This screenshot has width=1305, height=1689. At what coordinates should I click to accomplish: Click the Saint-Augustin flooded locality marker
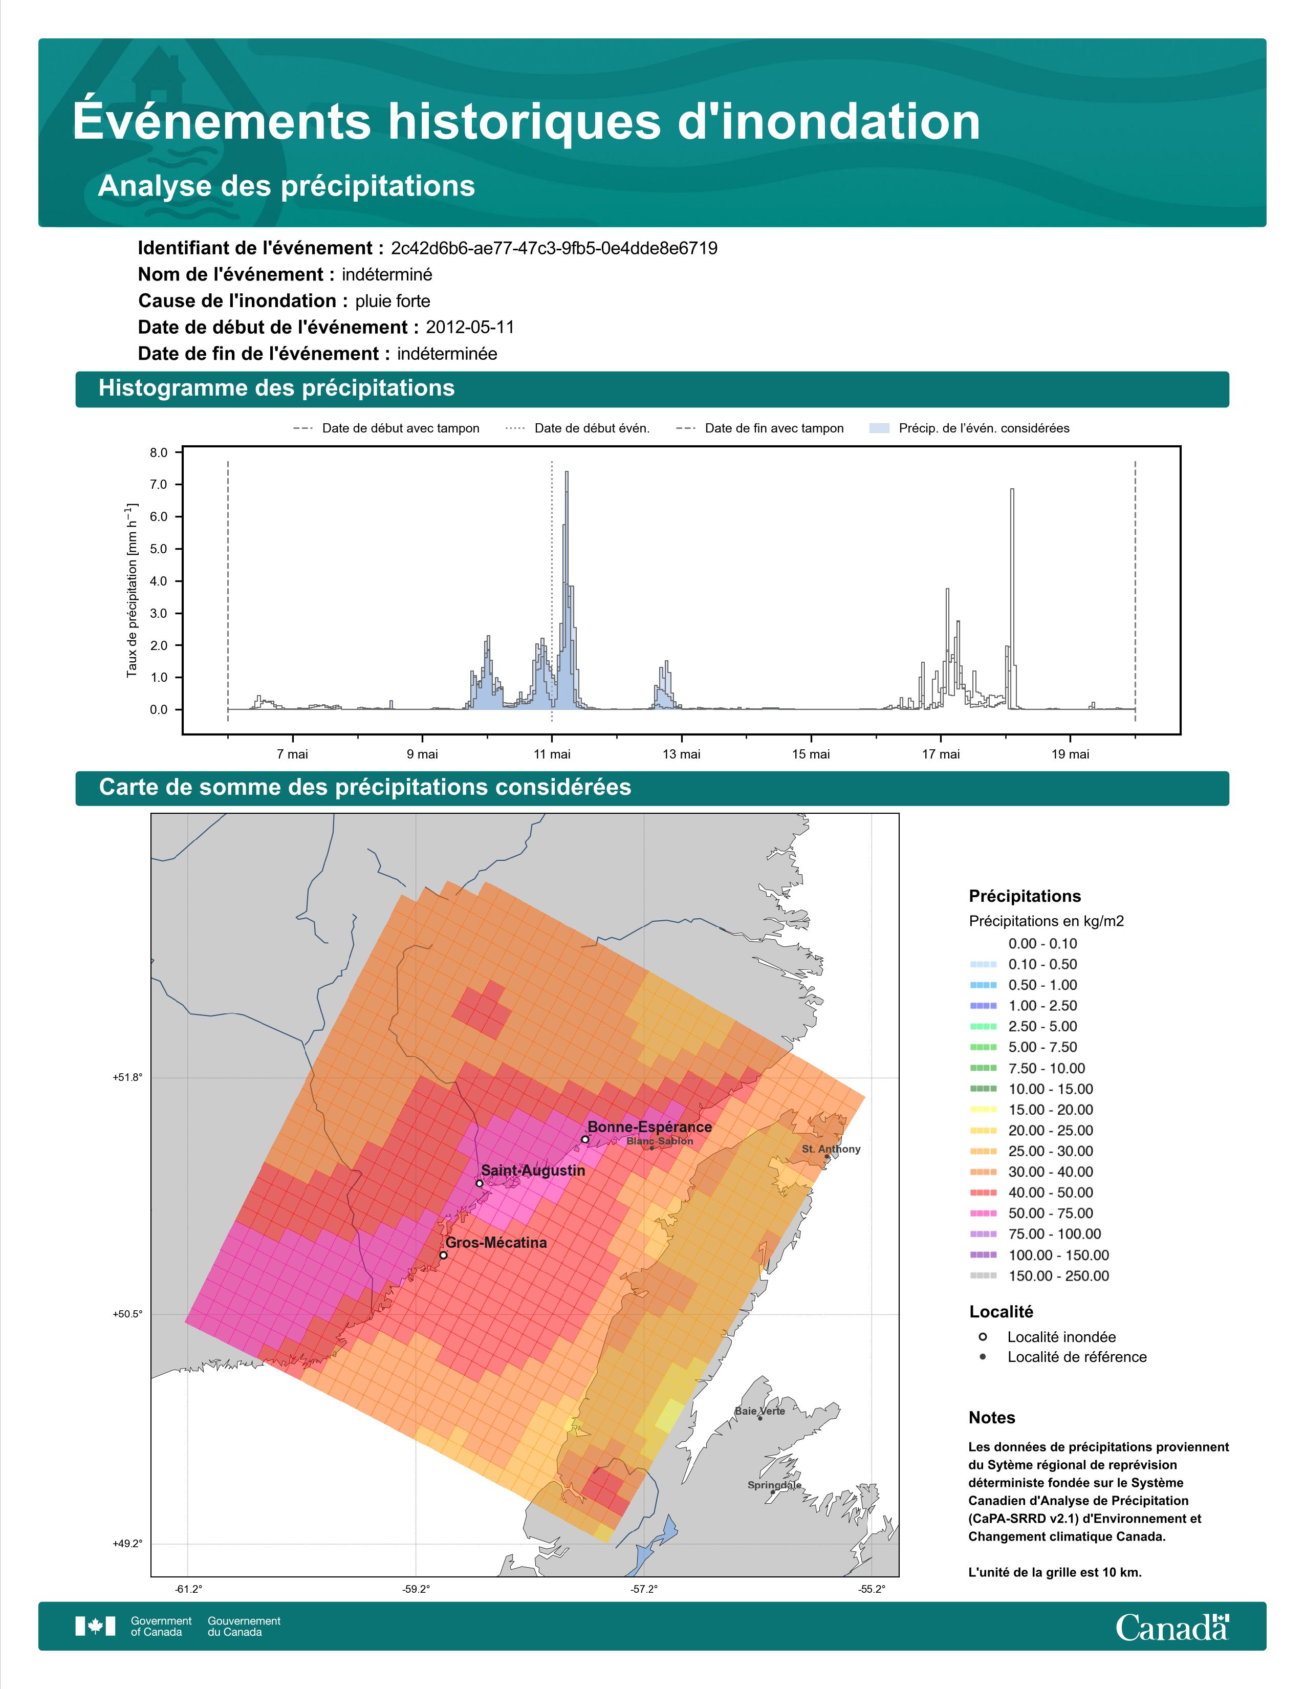coord(480,1183)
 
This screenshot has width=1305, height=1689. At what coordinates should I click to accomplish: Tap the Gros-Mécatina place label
coord(496,1243)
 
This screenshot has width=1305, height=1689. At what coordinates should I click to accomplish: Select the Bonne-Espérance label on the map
coord(649,1128)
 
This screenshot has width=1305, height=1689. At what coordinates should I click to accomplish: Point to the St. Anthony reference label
coord(831,1149)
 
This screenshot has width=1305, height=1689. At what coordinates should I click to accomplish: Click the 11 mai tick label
coord(552,754)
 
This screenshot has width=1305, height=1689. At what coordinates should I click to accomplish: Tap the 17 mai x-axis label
coord(941,754)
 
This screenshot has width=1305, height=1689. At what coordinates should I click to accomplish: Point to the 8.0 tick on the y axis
coord(159,453)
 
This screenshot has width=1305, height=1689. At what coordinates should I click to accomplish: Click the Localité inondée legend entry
coord(1048,1337)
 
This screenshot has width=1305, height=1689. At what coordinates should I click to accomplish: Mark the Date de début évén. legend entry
coord(577,428)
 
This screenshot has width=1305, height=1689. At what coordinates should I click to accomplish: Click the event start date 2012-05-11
coord(470,327)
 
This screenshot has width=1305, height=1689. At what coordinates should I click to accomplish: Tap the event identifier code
coord(554,248)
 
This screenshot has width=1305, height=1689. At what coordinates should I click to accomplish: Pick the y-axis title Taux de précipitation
coord(132,592)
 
